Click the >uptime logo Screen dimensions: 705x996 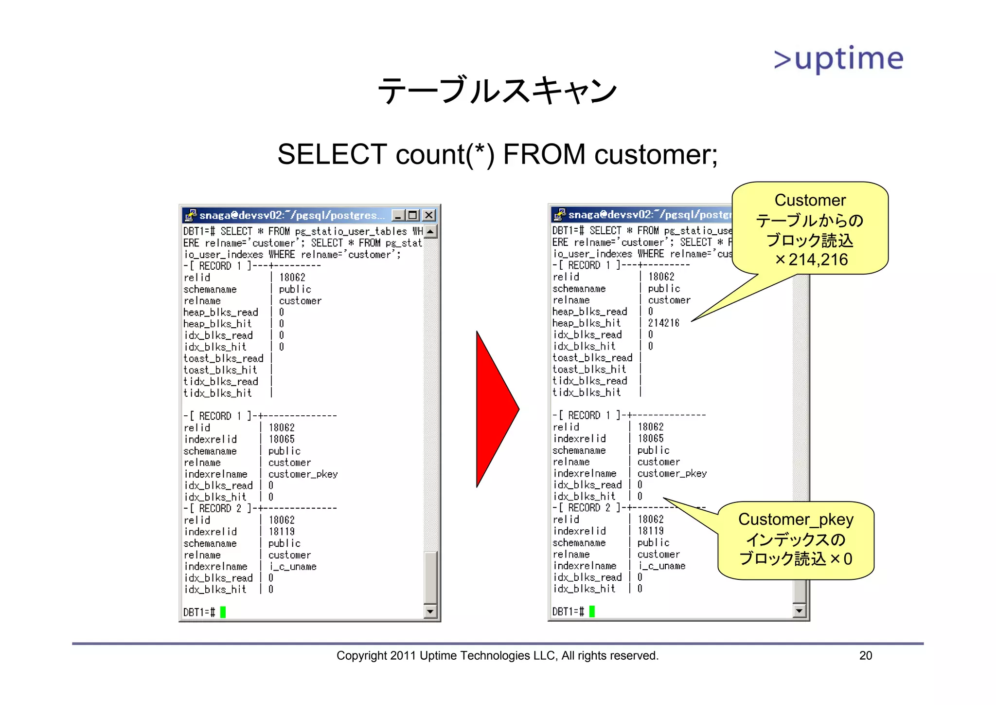(838, 59)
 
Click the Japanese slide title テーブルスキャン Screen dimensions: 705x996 (497, 91)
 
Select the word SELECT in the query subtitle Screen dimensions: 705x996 (332, 154)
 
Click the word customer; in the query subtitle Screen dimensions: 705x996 (656, 154)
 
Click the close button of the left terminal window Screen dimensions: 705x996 (428, 215)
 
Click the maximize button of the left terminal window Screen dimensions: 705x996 (413, 215)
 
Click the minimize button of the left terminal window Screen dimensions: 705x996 (398, 215)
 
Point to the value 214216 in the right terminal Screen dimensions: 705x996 (663, 323)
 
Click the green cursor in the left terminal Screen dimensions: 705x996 (223, 612)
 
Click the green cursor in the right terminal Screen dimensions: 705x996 (592, 611)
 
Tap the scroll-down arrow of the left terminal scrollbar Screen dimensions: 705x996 (430, 612)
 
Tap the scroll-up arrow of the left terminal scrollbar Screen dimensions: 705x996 (430, 232)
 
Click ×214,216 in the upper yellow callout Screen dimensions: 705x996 (811, 260)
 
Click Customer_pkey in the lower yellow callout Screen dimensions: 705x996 (796, 519)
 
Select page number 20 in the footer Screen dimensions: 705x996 (865, 655)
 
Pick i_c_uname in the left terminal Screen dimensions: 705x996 (293, 567)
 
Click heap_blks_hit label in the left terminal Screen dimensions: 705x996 (217, 324)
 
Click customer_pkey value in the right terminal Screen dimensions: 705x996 (672, 473)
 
